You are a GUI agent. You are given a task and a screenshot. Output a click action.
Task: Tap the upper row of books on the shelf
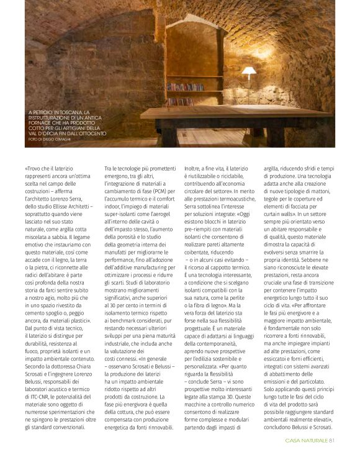point(185,87)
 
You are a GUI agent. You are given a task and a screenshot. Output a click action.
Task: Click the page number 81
point(332,441)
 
